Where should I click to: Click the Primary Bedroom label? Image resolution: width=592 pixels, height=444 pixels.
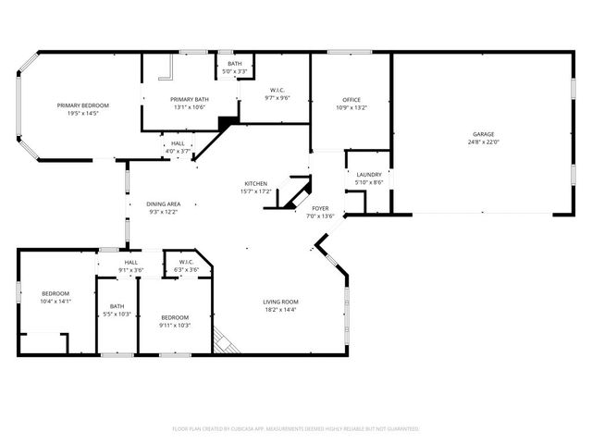tap(83, 105)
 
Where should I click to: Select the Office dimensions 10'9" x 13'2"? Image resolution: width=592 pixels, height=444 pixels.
tap(351, 107)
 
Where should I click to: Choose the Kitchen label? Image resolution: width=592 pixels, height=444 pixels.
tap(256, 183)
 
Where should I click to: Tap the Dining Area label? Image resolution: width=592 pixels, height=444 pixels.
tap(163, 203)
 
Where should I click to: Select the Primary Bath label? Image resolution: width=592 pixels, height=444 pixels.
tap(189, 99)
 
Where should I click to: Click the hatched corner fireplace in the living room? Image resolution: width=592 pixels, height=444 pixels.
tap(225, 341)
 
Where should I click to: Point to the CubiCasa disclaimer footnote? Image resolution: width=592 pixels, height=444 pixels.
tap(296, 428)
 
